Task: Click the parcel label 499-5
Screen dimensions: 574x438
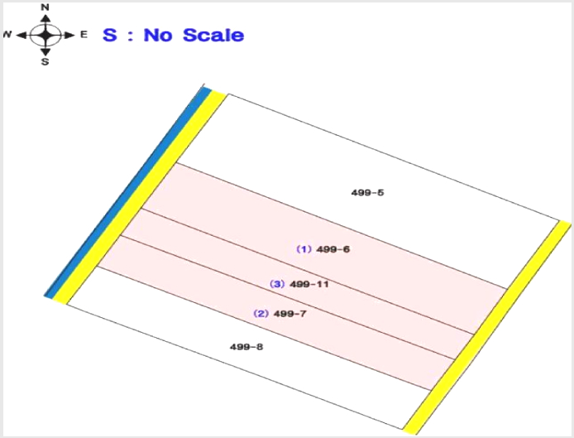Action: tap(367, 192)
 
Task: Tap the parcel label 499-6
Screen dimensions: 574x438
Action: tap(333, 249)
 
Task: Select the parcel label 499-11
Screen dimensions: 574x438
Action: tap(309, 284)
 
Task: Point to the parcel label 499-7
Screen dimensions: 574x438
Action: tap(290, 314)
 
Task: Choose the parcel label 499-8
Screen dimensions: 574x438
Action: tap(246, 347)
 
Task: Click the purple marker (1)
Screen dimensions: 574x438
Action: tap(304, 249)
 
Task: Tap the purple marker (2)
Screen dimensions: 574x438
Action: tap(261, 314)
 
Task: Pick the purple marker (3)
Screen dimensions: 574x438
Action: tap(277, 284)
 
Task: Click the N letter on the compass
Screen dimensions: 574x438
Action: tap(45, 7)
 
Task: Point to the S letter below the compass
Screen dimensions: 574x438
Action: tap(45, 61)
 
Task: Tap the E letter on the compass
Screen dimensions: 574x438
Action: tap(84, 35)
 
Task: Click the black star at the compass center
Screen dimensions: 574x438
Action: tap(45, 35)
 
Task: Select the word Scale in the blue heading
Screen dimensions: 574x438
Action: tap(213, 35)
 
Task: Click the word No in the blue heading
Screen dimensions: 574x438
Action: tap(158, 35)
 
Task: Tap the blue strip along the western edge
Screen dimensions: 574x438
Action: tap(127, 192)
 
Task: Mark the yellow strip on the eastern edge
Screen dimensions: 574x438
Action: tap(487, 327)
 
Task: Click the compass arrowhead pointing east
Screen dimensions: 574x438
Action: tap(69, 35)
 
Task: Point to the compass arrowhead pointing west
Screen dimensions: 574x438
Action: tap(22, 35)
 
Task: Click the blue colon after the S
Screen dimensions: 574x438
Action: tap(131, 36)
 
